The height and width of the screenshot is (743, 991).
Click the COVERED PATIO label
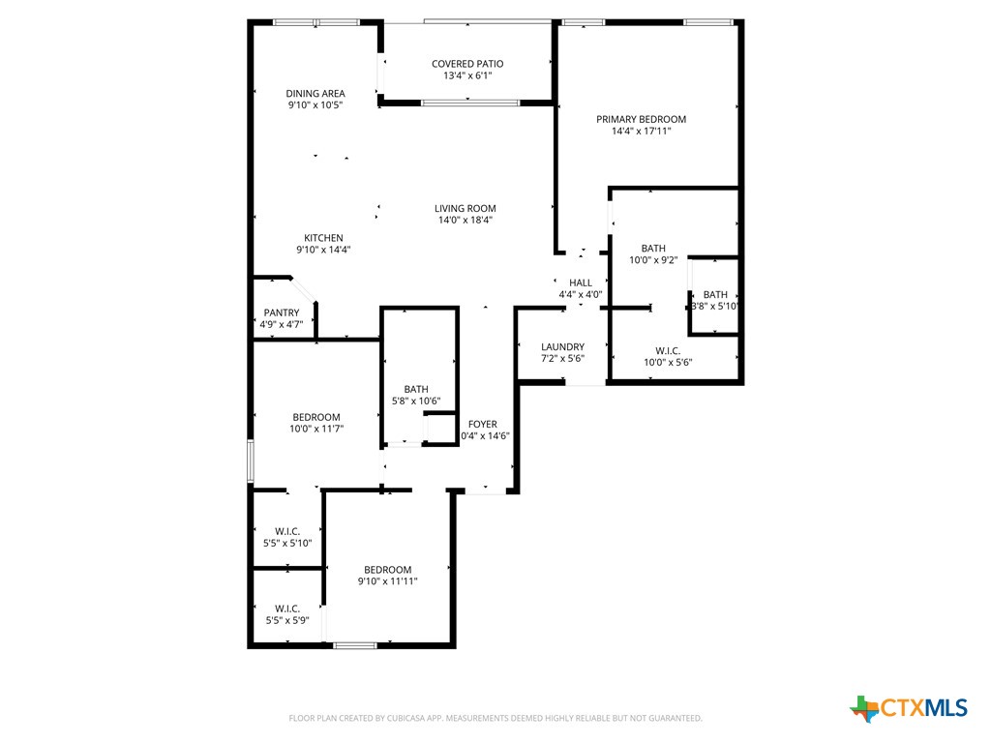tap(467, 64)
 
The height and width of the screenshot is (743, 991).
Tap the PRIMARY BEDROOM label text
tap(641, 120)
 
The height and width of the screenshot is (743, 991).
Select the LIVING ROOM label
tap(465, 208)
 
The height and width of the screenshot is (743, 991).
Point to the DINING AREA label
tap(315, 94)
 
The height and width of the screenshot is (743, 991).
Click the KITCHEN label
tap(323, 238)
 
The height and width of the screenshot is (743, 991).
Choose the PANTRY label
tap(282, 312)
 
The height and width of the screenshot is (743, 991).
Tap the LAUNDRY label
tap(562, 347)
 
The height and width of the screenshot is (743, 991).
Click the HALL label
tap(581, 282)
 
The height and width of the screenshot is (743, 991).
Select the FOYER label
tap(483, 424)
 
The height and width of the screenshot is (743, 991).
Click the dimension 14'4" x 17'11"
tap(641, 132)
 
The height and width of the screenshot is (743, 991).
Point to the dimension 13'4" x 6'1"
tap(467, 75)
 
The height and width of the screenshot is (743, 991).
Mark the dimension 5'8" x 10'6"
tap(417, 401)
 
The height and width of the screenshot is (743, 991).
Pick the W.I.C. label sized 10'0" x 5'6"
tap(668, 350)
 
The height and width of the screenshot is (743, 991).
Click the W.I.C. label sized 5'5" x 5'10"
tap(287, 532)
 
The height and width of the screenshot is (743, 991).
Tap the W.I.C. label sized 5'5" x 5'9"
tap(287, 609)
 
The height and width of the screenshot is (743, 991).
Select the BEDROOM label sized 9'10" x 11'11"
tap(388, 570)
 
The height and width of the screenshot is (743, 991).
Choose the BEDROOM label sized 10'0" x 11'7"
tap(316, 417)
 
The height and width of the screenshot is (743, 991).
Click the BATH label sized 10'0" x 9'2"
tap(653, 249)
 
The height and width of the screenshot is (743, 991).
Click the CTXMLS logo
tap(909, 708)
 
